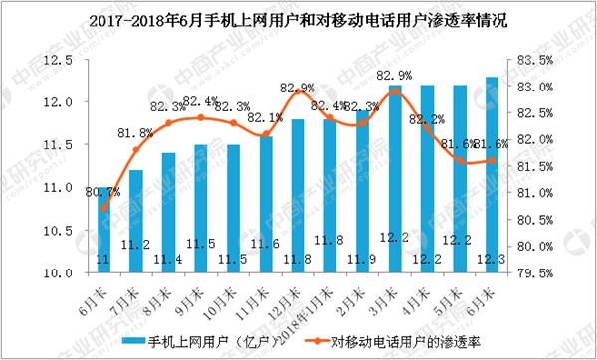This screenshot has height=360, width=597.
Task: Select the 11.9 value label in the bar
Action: point(362,260)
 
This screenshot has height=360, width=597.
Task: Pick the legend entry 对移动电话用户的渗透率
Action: point(403,341)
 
